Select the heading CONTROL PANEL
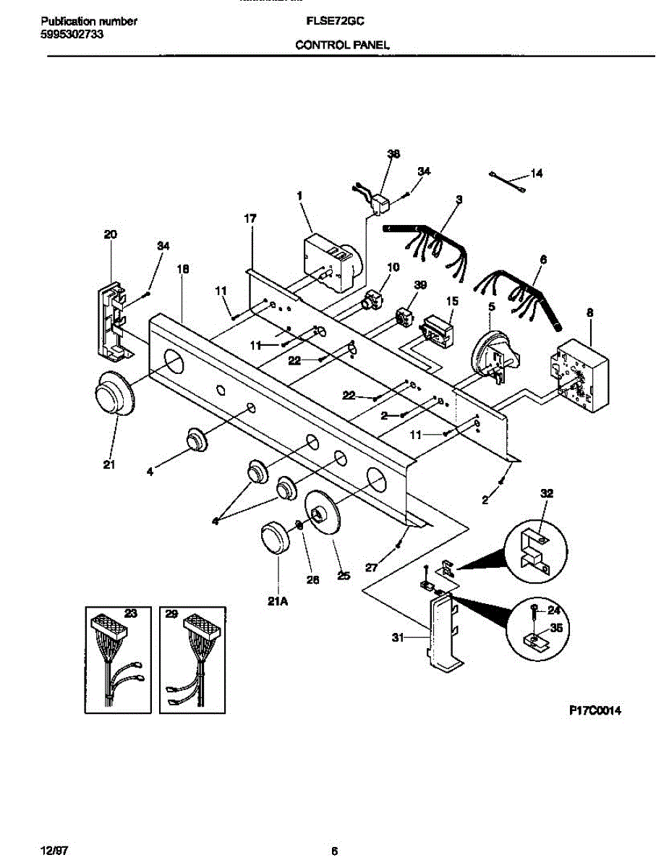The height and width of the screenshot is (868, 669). [343, 45]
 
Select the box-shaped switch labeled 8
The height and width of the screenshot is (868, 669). [579, 376]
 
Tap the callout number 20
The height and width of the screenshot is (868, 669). [110, 234]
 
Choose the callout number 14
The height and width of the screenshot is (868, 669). [536, 174]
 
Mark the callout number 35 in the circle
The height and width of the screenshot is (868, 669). [556, 628]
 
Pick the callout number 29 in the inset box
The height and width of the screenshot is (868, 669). [171, 613]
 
